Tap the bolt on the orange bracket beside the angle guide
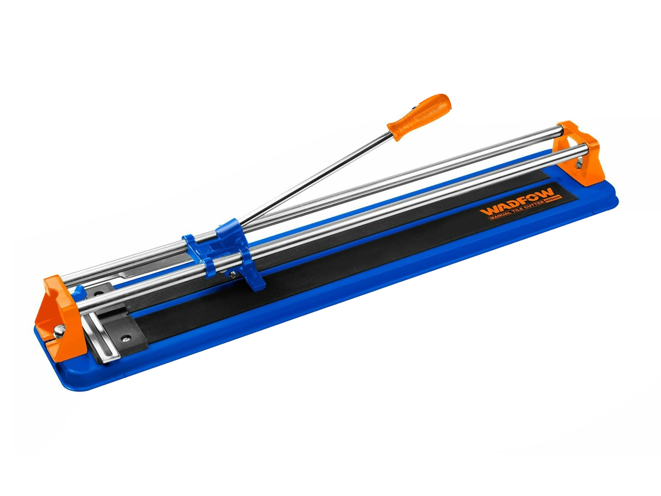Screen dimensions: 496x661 58,330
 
